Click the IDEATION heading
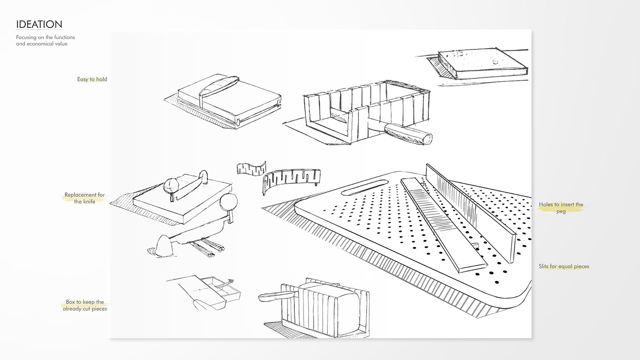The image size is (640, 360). point(39,24)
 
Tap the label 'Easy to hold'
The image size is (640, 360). point(92,79)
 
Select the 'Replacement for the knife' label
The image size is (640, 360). point(85,198)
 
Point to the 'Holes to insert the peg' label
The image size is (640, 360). point(561,208)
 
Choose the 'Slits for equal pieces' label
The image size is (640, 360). point(564,266)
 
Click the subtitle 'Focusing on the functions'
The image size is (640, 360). point(45,37)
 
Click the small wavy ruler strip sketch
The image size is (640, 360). point(251,168)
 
